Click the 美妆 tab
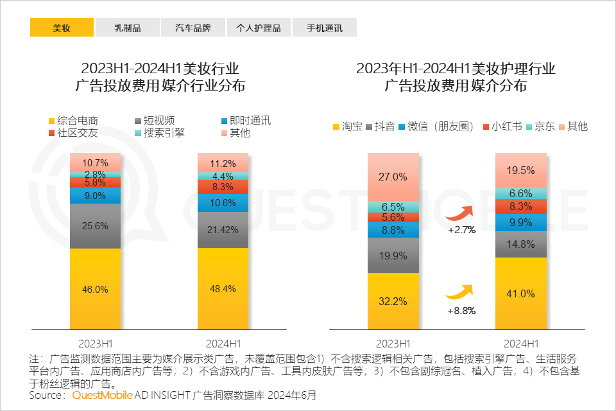coord(62,28)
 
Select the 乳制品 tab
coord(128,28)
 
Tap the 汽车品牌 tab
coord(193,28)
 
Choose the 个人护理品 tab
coord(259,28)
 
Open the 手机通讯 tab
coord(324,28)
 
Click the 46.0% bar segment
coord(95,289)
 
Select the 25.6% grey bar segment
coord(95,225)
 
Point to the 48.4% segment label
coord(222,289)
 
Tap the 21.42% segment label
coord(222,229)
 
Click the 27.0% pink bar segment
coord(393,177)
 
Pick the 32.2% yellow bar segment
coord(393,301)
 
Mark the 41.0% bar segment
coord(520,293)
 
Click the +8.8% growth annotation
coord(461,310)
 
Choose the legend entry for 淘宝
coord(347,127)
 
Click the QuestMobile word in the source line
coord(98,396)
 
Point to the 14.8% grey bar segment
coord(520,244)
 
